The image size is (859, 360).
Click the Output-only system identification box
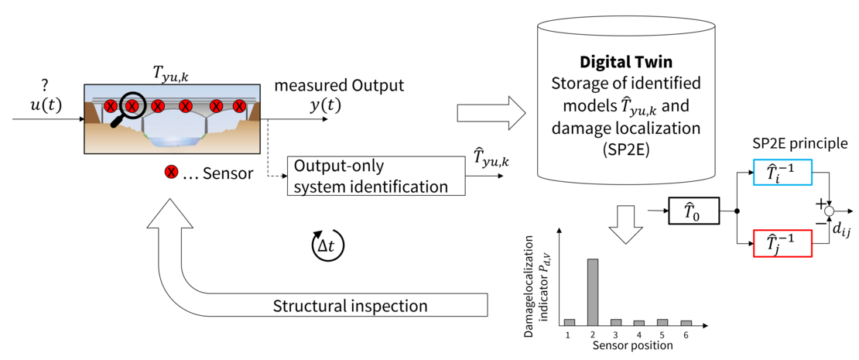[375, 176]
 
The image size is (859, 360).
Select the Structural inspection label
[350, 306]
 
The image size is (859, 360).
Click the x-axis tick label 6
[686, 334]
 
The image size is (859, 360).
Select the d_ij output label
[840, 229]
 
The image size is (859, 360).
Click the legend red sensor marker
[169, 173]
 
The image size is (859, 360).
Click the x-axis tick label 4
[639, 334]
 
